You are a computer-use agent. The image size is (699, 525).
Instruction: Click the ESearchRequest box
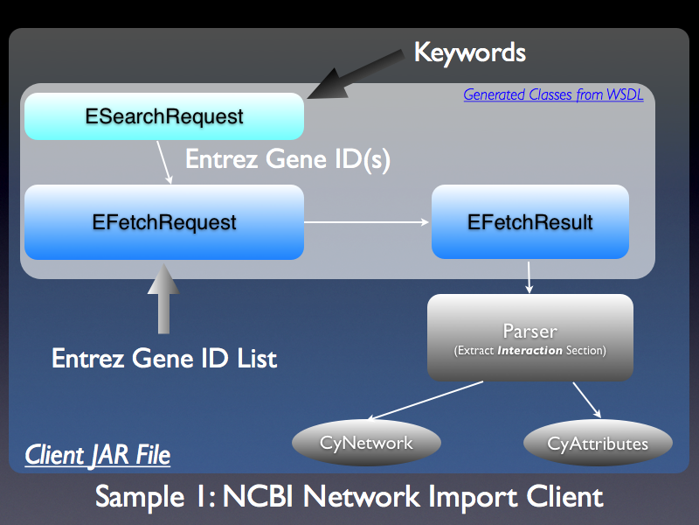[163, 116]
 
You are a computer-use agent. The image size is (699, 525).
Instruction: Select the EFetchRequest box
[163, 222]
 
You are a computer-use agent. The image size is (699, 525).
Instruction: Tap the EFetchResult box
[529, 222]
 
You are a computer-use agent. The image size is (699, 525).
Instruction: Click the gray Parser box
[529, 337]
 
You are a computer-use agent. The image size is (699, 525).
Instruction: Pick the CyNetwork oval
[365, 443]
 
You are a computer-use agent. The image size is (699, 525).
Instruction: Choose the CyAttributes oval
[598, 444]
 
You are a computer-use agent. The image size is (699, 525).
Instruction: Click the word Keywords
[469, 52]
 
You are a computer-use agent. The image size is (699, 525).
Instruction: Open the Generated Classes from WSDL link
[552, 94]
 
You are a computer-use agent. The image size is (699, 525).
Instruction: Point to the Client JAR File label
[97, 455]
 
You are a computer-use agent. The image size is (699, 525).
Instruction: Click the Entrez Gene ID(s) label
[287, 160]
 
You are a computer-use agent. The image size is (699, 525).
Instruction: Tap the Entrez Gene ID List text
[164, 358]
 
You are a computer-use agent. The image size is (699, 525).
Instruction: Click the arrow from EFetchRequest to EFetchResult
[367, 222]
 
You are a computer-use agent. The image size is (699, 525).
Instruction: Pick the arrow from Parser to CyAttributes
[585, 399]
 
